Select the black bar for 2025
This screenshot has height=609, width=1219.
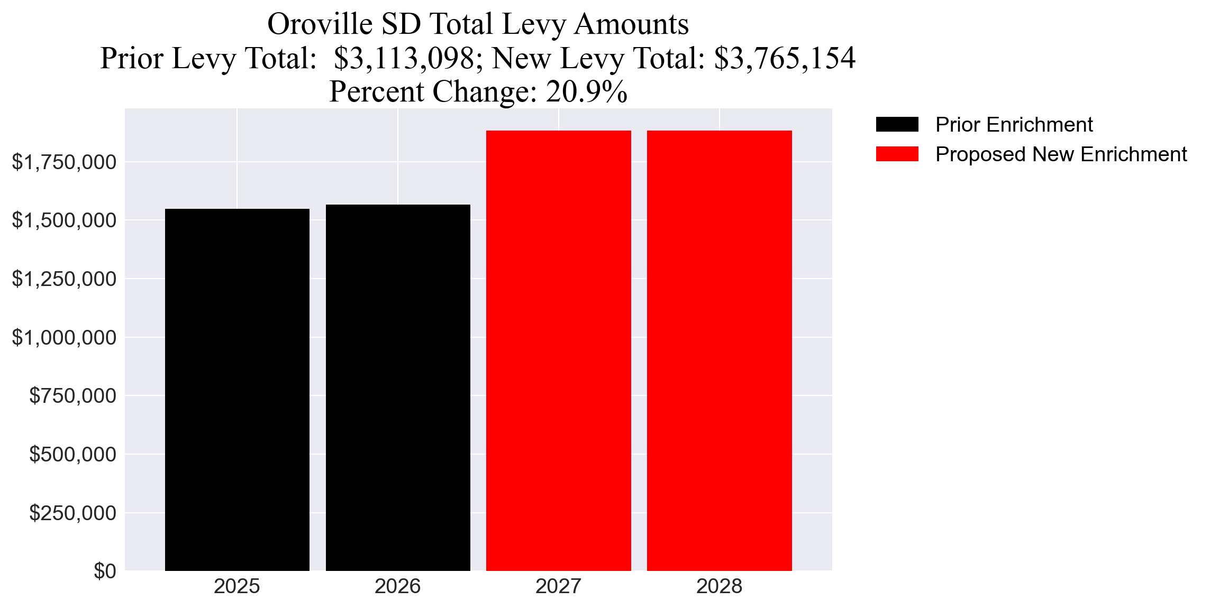pos(237,390)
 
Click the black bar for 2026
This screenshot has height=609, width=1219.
pos(398,387)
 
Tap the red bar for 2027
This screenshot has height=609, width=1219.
pos(558,350)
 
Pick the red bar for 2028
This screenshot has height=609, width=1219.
pos(719,350)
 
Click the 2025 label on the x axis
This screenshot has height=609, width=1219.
pos(237,586)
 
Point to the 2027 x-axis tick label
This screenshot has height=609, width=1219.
pos(558,586)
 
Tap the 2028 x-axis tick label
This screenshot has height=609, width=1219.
pos(719,586)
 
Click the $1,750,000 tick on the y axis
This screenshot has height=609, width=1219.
pos(64,162)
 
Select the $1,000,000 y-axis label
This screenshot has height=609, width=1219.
pos(64,337)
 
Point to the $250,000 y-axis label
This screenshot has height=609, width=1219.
pos(72,513)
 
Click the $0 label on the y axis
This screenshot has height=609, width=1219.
pos(105,571)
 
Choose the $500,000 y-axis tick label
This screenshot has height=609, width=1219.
pos(72,454)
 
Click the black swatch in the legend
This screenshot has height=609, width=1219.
pos(897,125)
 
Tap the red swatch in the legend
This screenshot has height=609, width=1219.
pos(897,154)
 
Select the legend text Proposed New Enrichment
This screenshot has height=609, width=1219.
pos(1061,154)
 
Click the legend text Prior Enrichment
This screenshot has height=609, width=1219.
pos(1014,125)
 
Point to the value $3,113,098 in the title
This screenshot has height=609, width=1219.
pos(404,58)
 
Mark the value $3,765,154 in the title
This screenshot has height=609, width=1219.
pos(784,58)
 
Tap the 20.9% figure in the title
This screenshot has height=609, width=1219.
pos(586,91)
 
